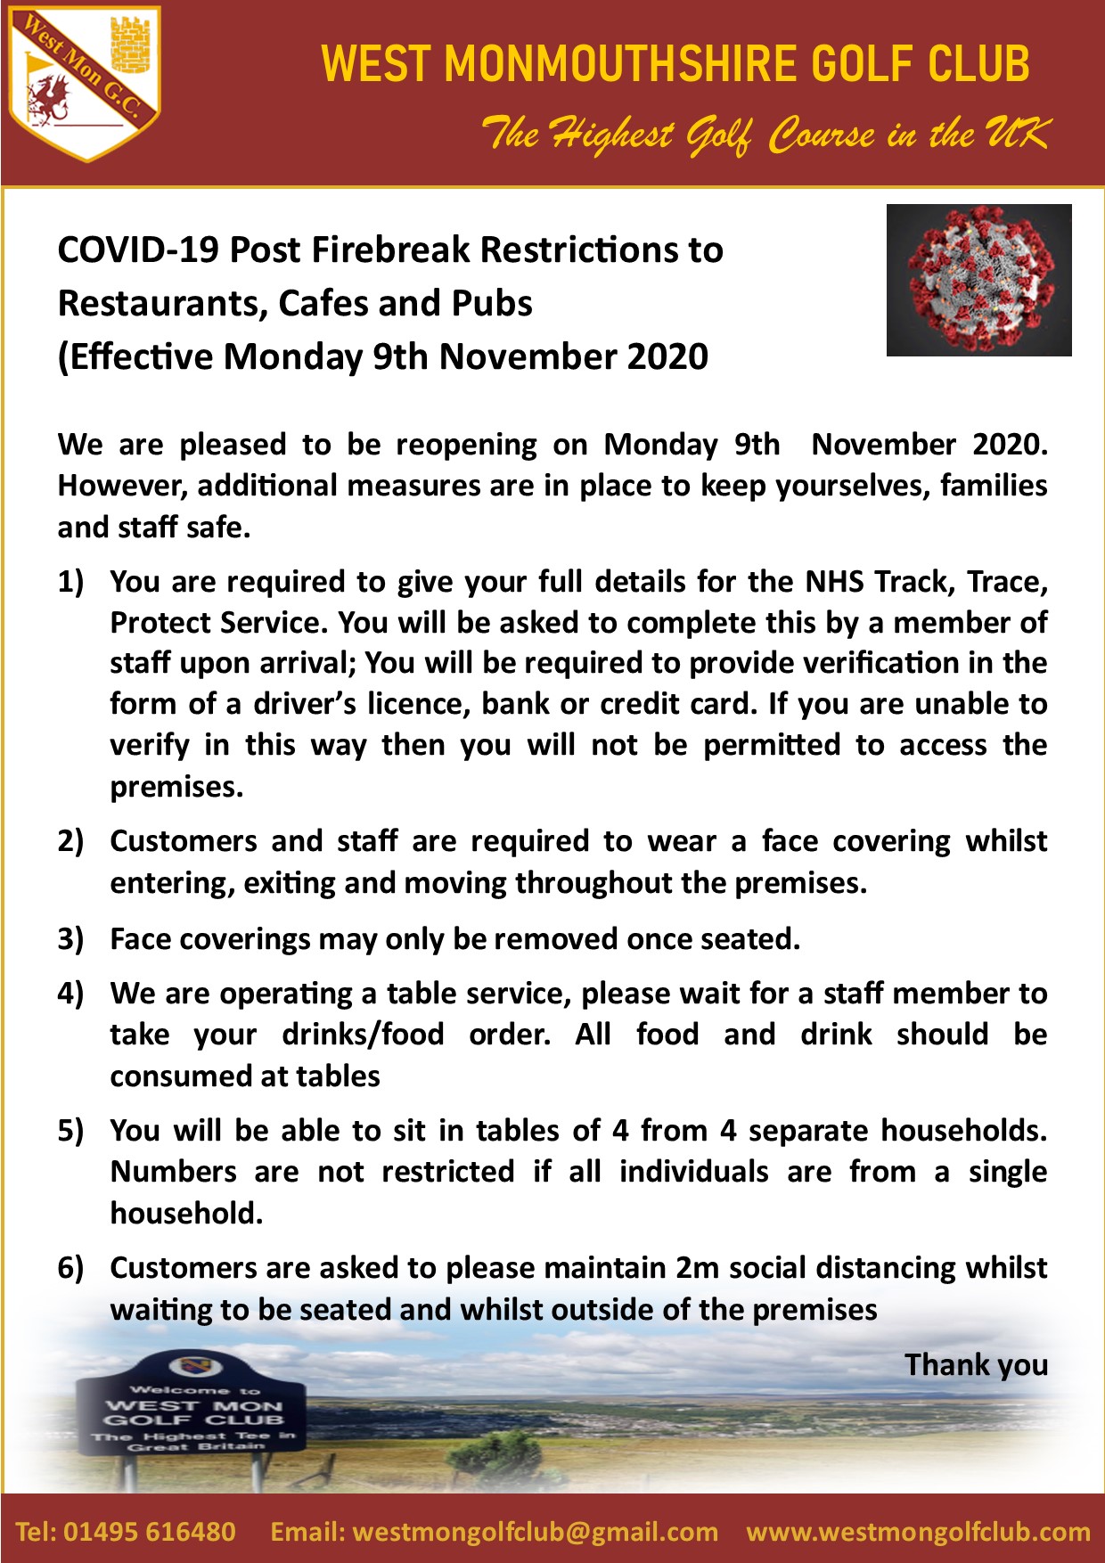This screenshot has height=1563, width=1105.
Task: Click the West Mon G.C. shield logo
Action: [x=84, y=85]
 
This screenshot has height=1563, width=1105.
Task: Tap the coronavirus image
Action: [x=978, y=280]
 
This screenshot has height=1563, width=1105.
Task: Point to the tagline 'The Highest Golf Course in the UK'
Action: [x=765, y=135]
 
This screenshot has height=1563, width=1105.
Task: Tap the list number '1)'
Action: [x=70, y=582]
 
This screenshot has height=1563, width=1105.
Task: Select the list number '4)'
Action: [x=70, y=994]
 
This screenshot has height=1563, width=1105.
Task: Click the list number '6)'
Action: [x=70, y=1268]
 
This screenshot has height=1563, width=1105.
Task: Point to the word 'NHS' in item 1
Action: [x=835, y=582]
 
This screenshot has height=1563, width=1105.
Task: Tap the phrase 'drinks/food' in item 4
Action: [x=363, y=1035]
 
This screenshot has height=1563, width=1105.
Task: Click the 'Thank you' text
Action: [x=976, y=1365]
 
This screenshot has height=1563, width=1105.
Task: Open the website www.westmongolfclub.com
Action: [x=918, y=1532]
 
